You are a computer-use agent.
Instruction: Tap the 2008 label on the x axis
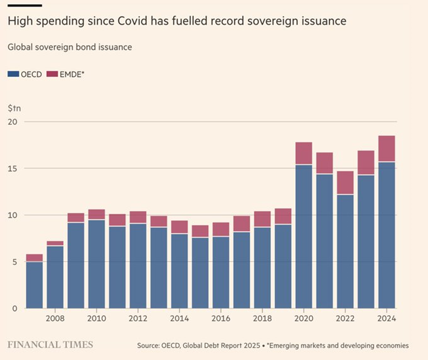point(55,318)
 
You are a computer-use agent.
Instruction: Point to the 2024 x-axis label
point(387,318)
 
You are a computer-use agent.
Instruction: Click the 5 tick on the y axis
point(14,262)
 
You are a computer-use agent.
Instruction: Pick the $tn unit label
point(14,109)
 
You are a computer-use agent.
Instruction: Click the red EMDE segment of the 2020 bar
point(303,153)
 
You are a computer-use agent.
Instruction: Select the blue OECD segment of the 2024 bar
point(387,235)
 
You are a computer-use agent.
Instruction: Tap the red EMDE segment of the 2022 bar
point(345,182)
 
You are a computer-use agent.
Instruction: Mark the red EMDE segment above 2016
point(221,229)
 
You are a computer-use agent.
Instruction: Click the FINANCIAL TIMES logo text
point(50,345)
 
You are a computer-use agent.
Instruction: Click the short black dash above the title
point(25,5)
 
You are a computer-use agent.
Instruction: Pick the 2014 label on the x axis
point(180,318)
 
